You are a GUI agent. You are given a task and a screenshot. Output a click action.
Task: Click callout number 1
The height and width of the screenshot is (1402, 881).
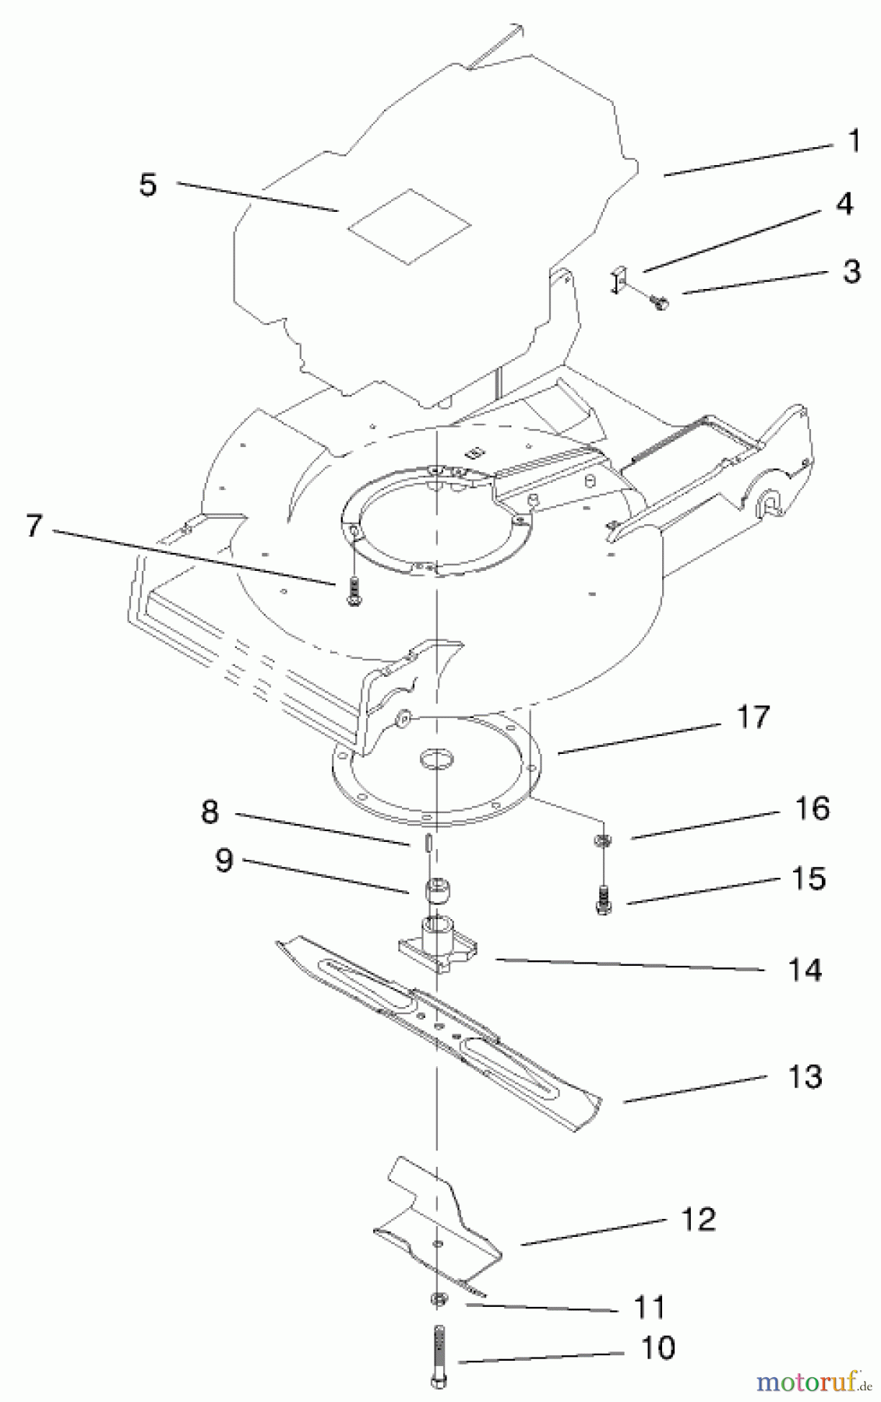853,142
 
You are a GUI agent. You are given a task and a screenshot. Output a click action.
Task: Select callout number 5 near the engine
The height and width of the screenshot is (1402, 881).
148,185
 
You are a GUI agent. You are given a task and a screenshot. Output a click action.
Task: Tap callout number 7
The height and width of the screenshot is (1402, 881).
33,526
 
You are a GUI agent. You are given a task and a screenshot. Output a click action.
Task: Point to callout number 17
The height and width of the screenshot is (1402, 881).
752,717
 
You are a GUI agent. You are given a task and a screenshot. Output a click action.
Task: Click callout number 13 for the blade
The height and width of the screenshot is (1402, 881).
805,1077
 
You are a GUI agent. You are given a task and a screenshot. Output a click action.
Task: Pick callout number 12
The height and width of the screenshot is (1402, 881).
698,1219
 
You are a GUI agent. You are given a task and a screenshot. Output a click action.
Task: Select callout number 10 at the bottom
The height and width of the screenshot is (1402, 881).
658,1348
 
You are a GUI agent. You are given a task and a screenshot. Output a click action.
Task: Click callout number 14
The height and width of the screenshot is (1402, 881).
805,970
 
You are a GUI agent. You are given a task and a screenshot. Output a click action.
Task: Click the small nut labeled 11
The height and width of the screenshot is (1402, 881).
438,1298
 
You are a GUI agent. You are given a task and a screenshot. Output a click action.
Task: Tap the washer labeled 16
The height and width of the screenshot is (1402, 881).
602,839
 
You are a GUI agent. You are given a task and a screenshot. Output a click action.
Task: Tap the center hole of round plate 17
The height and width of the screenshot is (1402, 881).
436,757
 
